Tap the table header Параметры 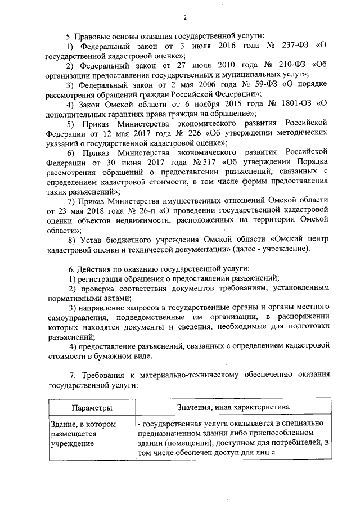pos(91,407)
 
